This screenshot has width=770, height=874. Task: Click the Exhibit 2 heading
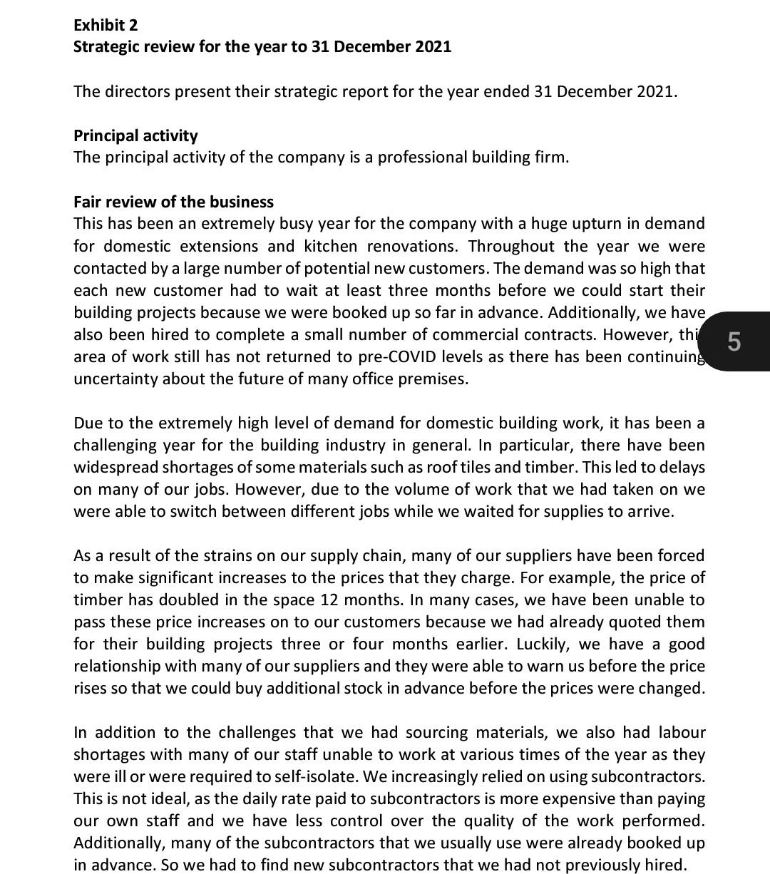pos(106,25)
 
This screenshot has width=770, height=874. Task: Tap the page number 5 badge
pos(734,341)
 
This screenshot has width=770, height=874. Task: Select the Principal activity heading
pos(135,135)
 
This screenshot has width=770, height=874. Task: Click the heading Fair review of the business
pos(173,202)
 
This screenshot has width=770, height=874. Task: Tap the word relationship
pos(117,666)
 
